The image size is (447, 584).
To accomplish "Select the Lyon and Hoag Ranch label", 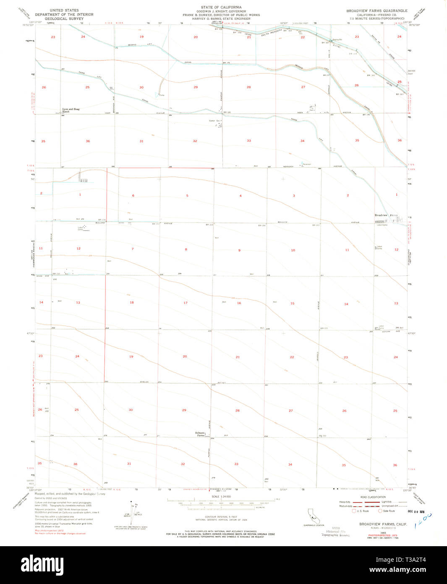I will [x=71, y=110].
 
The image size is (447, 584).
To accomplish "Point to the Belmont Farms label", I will [x=200, y=434].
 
